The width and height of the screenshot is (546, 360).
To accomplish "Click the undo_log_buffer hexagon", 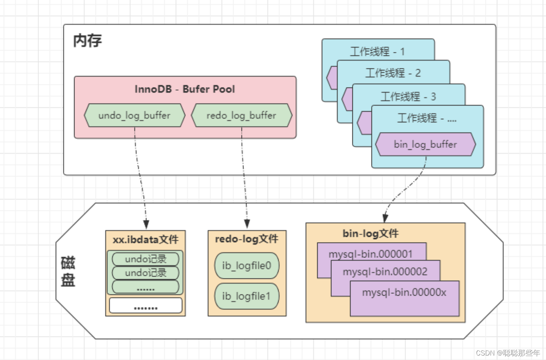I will [134, 115].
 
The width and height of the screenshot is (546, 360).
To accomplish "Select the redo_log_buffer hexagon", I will [242, 115].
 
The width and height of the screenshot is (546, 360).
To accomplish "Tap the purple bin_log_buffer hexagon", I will [425, 144].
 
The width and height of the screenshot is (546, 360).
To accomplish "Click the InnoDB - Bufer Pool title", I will [185, 89].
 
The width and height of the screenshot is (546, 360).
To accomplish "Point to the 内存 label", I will [87, 40].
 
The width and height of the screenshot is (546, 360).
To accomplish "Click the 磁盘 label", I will [68, 271].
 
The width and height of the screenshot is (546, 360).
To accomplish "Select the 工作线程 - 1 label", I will [377, 51].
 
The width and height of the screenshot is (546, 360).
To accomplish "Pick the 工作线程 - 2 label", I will [393, 73].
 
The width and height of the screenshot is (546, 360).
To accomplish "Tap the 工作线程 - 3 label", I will [408, 97].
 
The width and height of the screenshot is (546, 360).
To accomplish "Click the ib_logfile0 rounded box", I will [247, 266].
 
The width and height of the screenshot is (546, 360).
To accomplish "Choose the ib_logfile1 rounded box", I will [247, 296].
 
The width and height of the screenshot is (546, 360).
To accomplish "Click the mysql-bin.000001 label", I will [370, 254].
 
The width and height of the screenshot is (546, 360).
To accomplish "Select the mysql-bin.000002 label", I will [385, 271].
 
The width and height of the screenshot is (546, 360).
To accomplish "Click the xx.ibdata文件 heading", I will [145, 240].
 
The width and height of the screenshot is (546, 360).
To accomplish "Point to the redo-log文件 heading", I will [247, 239].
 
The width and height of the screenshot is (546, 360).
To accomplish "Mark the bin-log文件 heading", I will [370, 234].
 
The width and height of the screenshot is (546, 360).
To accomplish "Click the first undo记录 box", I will [145, 259].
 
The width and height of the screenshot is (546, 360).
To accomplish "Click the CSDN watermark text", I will [507, 353].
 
